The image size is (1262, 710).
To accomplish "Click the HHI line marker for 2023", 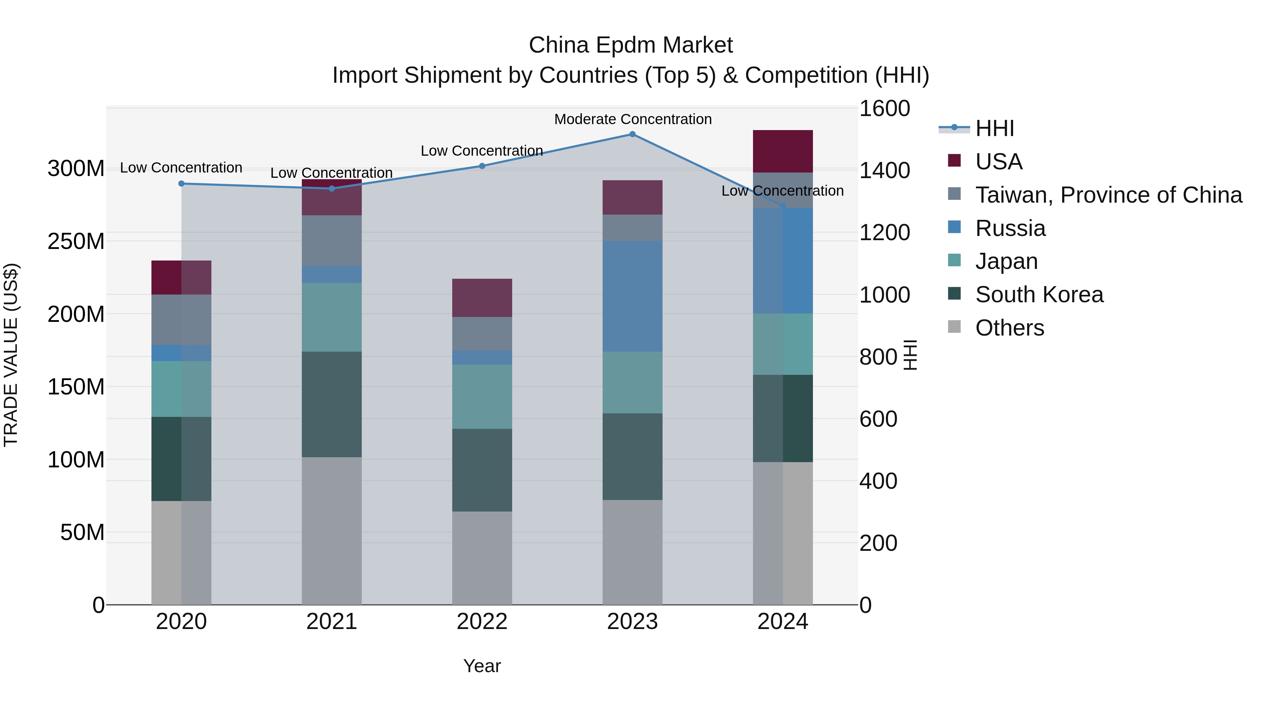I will [x=632, y=134].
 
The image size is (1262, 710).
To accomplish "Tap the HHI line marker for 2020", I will [x=181, y=184].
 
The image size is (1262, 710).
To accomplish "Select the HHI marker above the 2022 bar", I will [x=482, y=166].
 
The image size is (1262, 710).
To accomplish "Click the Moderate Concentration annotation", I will [x=632, y=119].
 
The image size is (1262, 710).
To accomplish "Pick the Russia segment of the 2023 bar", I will [x=632, y=296].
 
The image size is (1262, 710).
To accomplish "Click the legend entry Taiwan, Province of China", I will [x=1108, y=195].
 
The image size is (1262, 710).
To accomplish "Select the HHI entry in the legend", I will [x=994, y=128].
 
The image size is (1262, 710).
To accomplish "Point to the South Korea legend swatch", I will [x=954, y=294].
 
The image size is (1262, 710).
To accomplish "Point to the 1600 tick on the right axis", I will [x=884, y=108].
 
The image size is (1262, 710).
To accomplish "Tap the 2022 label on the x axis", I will [x=482, y=622].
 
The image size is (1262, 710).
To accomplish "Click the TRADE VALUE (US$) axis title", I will [x=11, y=355].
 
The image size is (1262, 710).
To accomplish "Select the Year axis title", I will [x=482, y=666].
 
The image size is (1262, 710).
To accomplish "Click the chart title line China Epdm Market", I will [x=631, y=45].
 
